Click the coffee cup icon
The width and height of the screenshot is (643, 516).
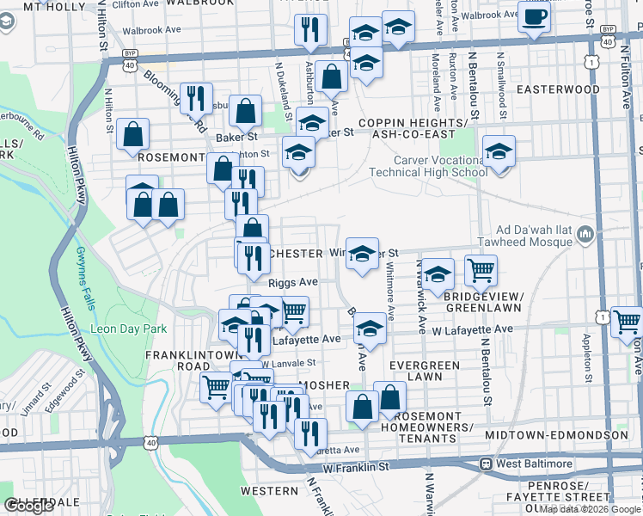pos(534,16)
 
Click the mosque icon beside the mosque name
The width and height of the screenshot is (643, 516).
pos(586,233)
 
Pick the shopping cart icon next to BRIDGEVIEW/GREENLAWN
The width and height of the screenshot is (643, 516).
pos(481,271)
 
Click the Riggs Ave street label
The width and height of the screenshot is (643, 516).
pos(293,281)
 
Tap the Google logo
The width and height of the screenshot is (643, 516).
pos(28,506)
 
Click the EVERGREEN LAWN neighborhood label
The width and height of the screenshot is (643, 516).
pos(424,371)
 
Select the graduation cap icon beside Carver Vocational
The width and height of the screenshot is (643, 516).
pos(499,153)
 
